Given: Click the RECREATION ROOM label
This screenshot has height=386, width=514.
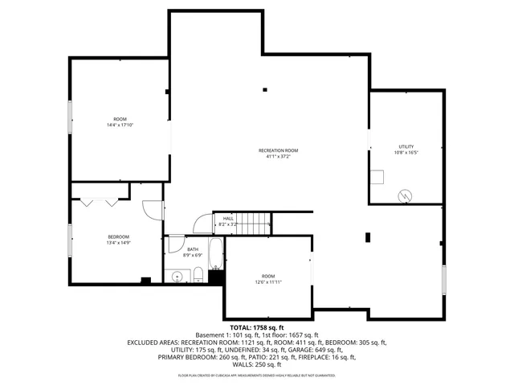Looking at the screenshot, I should click(x=278, y=150).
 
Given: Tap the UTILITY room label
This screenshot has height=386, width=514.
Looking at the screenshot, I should click(x=406, y=146).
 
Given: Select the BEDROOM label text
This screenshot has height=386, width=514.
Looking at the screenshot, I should click(x=118, y=236).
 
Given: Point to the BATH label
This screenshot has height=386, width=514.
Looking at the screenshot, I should click(x=193, y=249).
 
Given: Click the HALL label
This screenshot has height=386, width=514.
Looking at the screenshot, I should click(x=228, y=218).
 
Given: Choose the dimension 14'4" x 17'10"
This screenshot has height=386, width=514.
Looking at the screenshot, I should click(x=120, y=125).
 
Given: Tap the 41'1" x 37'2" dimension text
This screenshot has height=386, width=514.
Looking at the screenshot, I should click(x=278, y=157).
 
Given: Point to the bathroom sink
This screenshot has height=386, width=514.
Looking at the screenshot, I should click(x=177, y=277).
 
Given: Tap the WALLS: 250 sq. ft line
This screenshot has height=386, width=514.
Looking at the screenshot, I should click(x=256, y=364).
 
